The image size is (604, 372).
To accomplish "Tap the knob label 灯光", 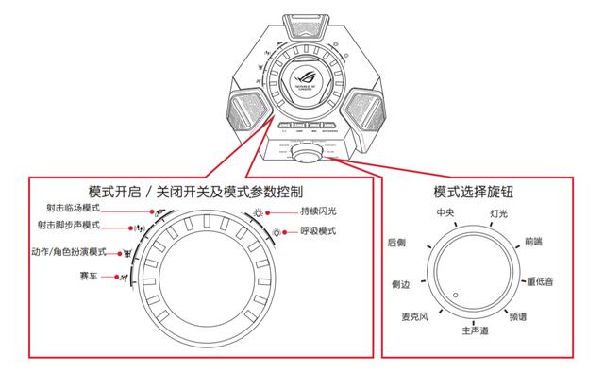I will (500, 214).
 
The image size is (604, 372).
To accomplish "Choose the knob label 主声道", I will (475, 331).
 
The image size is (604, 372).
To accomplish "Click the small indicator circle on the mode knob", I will (455, 296).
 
